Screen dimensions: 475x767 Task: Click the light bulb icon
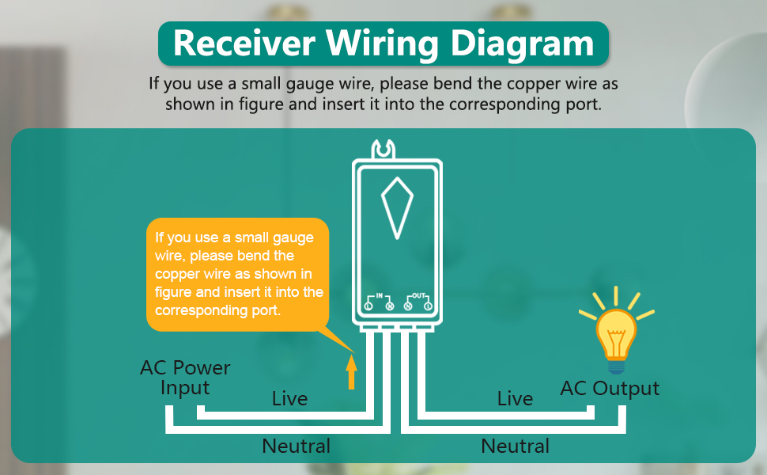point(616,332)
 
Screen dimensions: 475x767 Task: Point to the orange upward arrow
point(351,373)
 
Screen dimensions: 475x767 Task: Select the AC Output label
point(609,389)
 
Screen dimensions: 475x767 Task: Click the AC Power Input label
point(185,378)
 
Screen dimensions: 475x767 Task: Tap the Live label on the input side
point(289,398)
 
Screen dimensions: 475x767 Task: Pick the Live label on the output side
point(515,398)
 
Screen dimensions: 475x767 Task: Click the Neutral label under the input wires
point(297,446)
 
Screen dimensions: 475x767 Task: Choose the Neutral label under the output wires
point(515,446)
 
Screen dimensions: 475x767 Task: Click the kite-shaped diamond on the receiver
point(397,207)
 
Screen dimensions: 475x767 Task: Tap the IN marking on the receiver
point(379,294)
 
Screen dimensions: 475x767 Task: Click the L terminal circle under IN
point(369,306)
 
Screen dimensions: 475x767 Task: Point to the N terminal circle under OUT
point(408,306)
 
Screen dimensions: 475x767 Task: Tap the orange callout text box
point(237,273)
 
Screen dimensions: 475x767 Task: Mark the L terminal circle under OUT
point(427,306)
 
